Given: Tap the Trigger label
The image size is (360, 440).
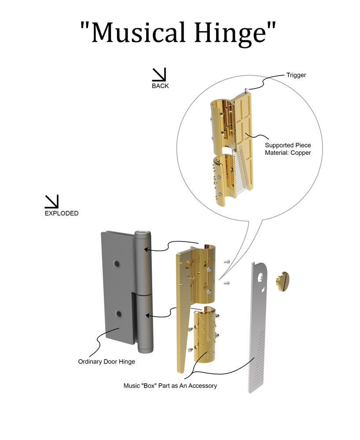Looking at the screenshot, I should pyautogui.click(x=296, y=75).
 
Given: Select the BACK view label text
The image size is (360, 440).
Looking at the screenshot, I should pyautogui.click(x=160, y=86).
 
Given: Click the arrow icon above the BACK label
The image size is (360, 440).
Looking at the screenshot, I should pyautogui.click(x=158, y=74).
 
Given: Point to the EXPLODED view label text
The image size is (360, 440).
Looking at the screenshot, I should pyautogui.click(x=62, y=213).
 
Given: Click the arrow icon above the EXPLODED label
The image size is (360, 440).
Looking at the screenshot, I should pyautogui.click(x=51, y=202).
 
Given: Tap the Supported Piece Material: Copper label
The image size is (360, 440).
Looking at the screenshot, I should pyautogui.click(x=288, y=149).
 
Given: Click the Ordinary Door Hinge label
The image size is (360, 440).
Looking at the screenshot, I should pyautogui.click(x=107, y=362).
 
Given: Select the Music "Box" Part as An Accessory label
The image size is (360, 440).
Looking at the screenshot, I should pyautogui.click(x=170, y=386).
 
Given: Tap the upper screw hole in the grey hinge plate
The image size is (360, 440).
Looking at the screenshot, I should pyautogui.click(x=117, y=264).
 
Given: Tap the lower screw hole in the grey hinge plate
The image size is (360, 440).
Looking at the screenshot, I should pyautogui.click(x=118, y=314).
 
